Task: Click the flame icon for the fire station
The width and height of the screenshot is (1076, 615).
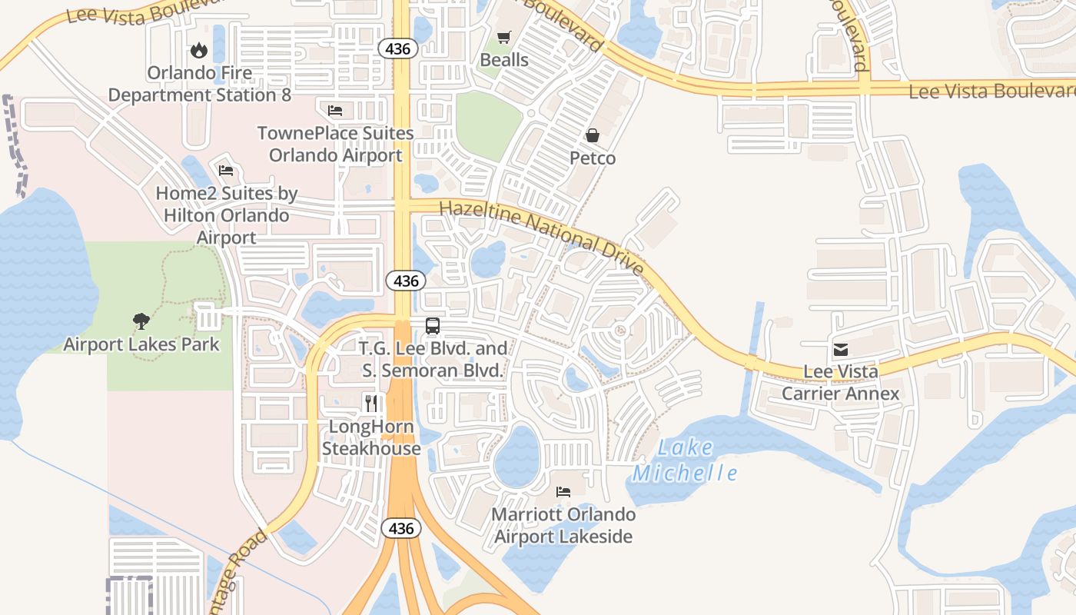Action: [199, 51]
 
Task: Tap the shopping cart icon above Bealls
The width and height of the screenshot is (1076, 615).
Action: [504, 37]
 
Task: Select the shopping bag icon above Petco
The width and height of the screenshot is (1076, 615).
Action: [593, 135]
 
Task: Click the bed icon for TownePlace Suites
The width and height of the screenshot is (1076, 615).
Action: [335, 111]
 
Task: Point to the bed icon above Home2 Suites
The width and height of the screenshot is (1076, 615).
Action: [226, 171]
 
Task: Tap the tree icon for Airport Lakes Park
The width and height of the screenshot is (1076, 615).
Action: [141, 321]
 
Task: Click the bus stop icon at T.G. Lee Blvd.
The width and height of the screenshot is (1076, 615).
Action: [433, 325]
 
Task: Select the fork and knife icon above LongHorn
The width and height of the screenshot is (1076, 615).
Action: [371, 403]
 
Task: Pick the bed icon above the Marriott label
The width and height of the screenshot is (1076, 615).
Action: [563, 491]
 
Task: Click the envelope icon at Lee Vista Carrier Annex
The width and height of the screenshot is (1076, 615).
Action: [840, 349]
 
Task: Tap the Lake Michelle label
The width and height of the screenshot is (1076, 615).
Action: [685, 460]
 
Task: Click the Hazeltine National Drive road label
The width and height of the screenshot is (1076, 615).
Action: [541, 236]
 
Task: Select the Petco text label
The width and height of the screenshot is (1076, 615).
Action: [593, 158]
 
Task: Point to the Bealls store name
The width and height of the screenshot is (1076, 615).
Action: [504, 60]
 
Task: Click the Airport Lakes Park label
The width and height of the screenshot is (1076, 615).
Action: [141, 344]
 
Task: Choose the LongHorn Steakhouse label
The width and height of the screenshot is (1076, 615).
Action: [371, 437]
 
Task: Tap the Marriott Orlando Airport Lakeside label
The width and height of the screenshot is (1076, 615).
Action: [563, 526]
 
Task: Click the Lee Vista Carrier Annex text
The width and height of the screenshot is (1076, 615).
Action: [840, 383]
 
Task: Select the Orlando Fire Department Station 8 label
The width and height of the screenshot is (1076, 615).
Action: [200, 84]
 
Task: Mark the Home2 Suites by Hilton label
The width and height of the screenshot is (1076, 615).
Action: [227, 215]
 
